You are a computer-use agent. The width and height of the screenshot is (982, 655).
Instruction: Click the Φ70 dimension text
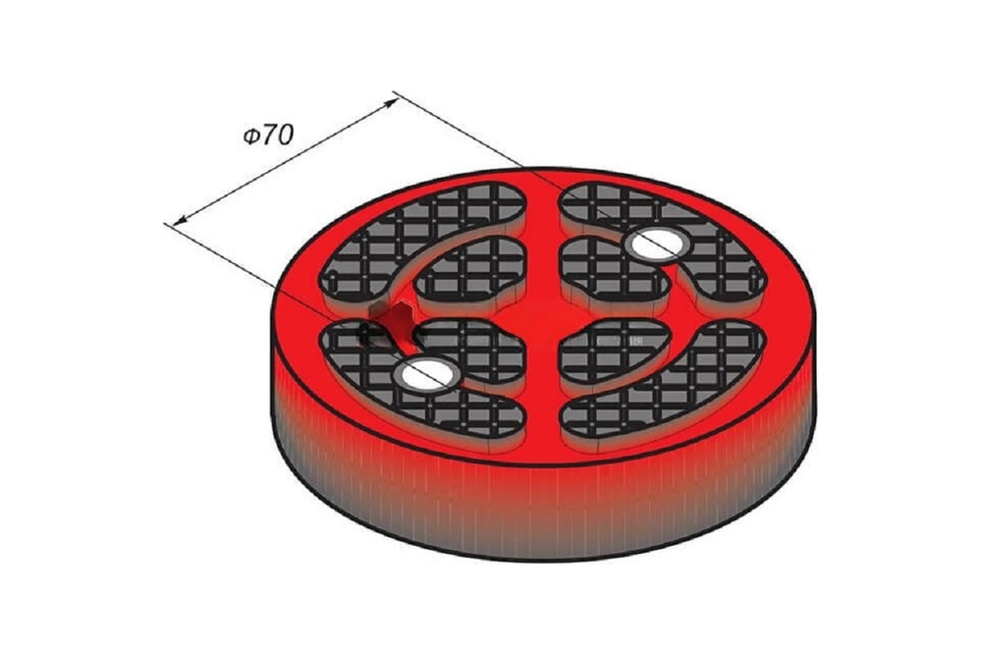tap(268, 135)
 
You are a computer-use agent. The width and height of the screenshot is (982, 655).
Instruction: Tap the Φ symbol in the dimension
tap(251, 136)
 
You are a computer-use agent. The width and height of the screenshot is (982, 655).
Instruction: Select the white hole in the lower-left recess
tap(426, 375)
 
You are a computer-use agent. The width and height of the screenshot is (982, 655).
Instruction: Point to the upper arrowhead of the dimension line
tap(391, 103)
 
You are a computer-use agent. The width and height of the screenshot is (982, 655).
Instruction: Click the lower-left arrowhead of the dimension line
tap(180, 219)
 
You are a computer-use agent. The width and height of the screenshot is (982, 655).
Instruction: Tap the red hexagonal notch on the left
tap(402, 322)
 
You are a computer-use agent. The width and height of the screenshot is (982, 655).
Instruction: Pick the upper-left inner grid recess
tap(469, 276)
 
